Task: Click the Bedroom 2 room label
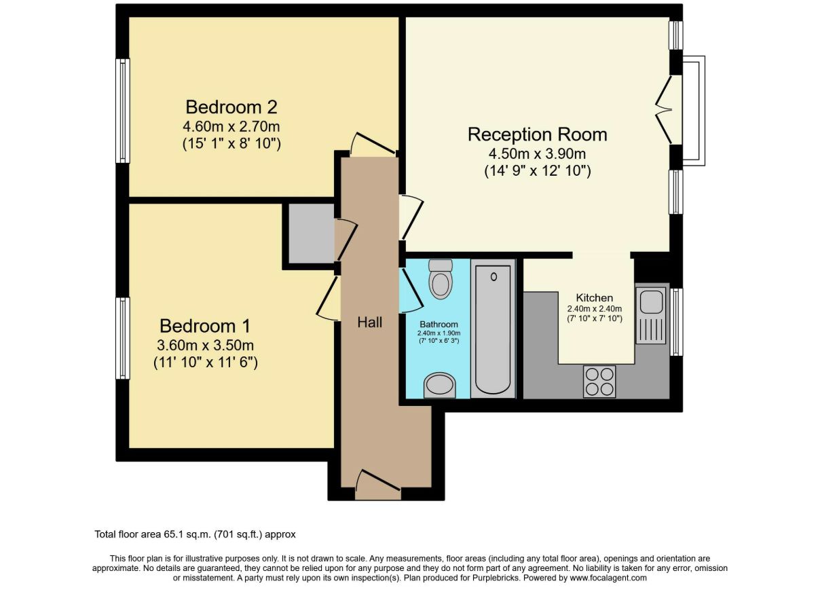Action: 231,107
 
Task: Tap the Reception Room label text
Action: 538,134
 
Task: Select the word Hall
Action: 369,322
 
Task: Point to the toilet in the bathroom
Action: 441,279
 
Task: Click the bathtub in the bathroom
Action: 494,329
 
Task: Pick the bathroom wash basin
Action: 440,386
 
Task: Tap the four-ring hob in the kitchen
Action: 599,382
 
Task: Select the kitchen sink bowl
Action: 651,302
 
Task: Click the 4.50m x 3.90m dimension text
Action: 538,153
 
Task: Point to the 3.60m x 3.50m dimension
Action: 206,346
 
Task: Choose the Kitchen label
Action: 595,298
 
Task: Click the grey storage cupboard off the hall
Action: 312,234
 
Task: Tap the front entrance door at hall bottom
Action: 378,485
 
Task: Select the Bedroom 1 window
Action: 123,338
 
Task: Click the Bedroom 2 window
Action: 123,111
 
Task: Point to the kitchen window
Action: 676,322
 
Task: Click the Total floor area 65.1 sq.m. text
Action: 153,534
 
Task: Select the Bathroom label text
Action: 439,325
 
